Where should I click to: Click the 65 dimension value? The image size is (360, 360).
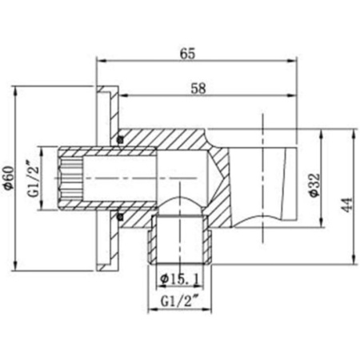pos(187,54)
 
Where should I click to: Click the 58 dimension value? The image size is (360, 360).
pos(198,89)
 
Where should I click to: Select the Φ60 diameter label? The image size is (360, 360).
pos(9,178)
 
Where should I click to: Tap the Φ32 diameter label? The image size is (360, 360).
pos(314,186)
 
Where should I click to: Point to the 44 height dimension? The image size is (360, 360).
pos(347,205)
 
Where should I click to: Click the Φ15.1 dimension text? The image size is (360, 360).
pos(179,279)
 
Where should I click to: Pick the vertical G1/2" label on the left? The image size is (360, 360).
pos(33,178)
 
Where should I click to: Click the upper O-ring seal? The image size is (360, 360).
pos(121,139)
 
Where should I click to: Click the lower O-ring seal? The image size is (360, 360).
pos(121,217)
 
